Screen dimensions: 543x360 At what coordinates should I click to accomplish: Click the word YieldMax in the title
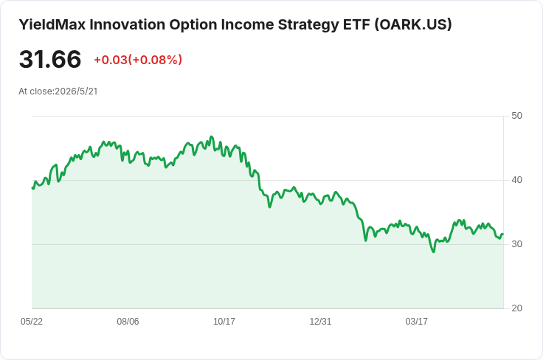tap(52, 24)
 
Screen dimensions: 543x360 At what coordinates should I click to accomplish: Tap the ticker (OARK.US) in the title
tap(413, 24)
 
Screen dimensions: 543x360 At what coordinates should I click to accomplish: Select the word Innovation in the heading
tap(128, 24)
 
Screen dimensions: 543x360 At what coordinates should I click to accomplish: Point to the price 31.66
tap(50, 59)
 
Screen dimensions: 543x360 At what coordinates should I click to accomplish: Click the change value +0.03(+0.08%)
tap(138, 60)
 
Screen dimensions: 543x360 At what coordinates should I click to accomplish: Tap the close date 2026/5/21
tap(76, 91)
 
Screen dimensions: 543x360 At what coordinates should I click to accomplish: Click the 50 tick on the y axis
tap(516, 116)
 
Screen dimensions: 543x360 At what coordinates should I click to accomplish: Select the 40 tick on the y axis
tap(516, 180)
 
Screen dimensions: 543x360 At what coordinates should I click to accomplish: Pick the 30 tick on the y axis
tap(516, 244)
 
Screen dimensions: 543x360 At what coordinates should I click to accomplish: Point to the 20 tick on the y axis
tap(516, 308)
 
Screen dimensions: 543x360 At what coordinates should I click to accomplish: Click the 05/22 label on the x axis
tap(32, 322)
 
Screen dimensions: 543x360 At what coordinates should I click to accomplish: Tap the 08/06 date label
tap(128, 322)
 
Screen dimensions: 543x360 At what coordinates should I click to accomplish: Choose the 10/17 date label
tap(224, 322)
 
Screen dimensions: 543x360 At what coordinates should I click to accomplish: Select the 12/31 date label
tap(320, 322)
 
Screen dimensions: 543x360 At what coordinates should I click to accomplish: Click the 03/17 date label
tap(417, 322)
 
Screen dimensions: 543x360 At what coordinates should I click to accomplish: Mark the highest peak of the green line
tap(212, 136)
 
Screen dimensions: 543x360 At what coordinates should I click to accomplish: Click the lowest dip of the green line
tap(434, 252)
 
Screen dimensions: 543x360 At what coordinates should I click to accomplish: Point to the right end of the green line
tap(503, 234)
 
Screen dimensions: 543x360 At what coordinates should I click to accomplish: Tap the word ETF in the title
tap(356, 24)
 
